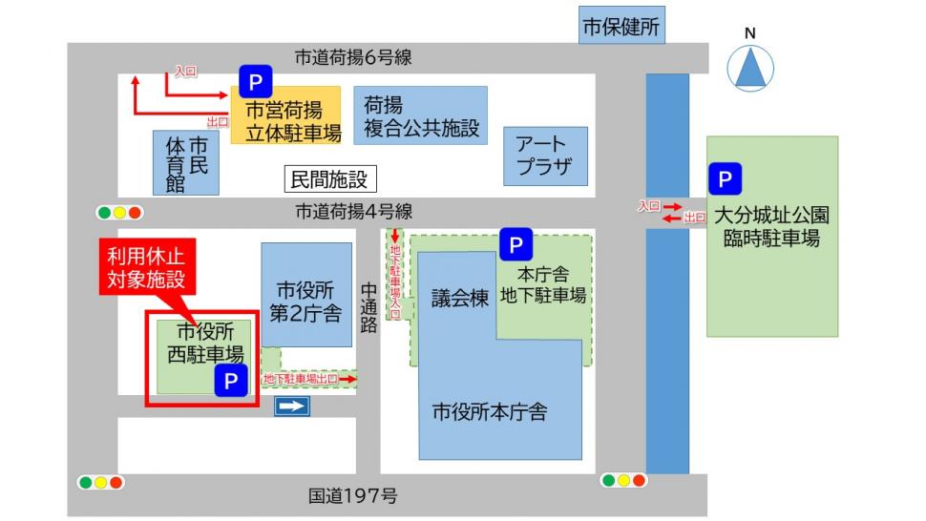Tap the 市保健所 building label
(621, 27)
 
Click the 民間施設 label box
(327, 178)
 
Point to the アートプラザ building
(545, 156)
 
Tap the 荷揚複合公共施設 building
(420, 115)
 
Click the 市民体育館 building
(186, 163)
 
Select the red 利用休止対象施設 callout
(144, 268)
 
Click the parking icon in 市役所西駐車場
(230, 381)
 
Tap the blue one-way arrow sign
(293, 407)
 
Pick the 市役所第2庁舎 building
(306, 302)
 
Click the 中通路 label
(368, 307)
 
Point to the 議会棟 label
(459, 298)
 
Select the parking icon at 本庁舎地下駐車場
(516, 245)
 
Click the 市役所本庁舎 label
(489, 412)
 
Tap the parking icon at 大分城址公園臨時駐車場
(725, 178)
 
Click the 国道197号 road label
(352, 496)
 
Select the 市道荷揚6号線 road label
(352, 57)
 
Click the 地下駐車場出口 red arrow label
(309, 380)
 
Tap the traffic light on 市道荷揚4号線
(119, 213)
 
